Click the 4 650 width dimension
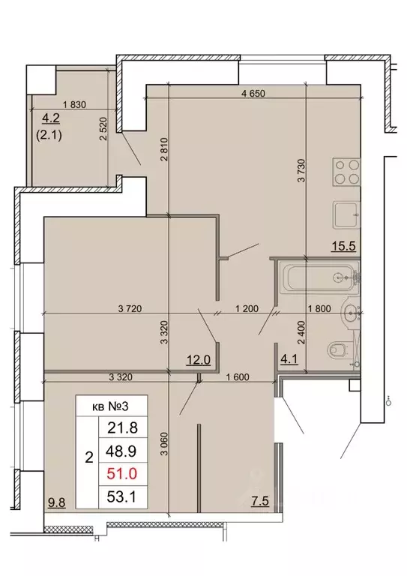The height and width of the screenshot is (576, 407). point(254,94)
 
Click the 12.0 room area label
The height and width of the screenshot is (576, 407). point(197,359)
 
